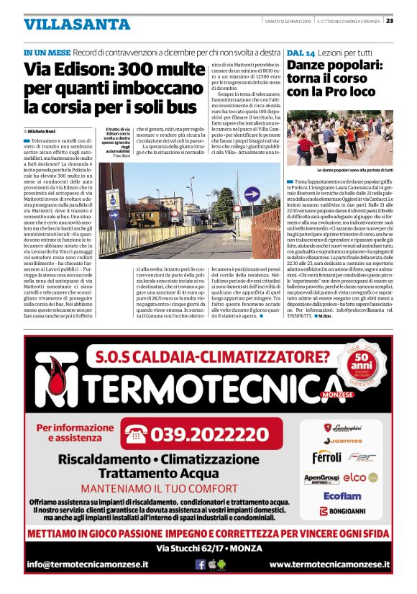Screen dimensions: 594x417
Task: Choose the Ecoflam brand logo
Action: pyautogui.click(x=342, y=495)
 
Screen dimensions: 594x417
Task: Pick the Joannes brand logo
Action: pyautogui.click(x=342, y=440)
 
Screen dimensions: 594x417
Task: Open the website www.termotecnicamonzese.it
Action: pyautogui.click(x=329, y=564)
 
